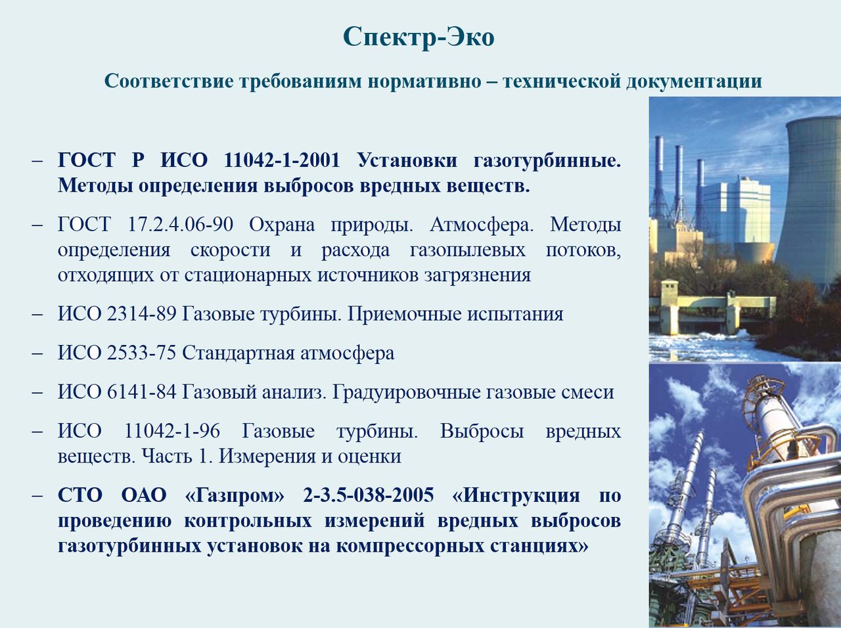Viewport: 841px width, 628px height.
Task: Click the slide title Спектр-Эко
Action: point(419,37)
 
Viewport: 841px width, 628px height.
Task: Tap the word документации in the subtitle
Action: point(693,81)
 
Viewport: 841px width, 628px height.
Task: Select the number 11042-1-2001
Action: point(282,160)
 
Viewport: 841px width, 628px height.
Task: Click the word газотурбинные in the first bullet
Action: point(547,161)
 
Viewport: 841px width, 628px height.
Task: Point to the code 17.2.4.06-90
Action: point(180,224)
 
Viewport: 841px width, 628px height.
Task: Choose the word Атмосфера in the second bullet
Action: point(482,225)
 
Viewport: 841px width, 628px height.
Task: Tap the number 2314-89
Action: point(141,314)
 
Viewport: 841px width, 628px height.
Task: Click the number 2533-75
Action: point(141,353)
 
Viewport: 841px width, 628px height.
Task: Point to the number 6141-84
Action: point(141,392)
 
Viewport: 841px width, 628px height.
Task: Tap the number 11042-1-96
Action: point(172,431)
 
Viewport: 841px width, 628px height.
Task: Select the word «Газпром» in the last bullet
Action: point(235,495)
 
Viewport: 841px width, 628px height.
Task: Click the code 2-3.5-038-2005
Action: point(368,495)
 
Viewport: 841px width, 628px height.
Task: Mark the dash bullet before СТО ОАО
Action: point(37,495)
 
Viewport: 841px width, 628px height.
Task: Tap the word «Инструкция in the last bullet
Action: point(516,496)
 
